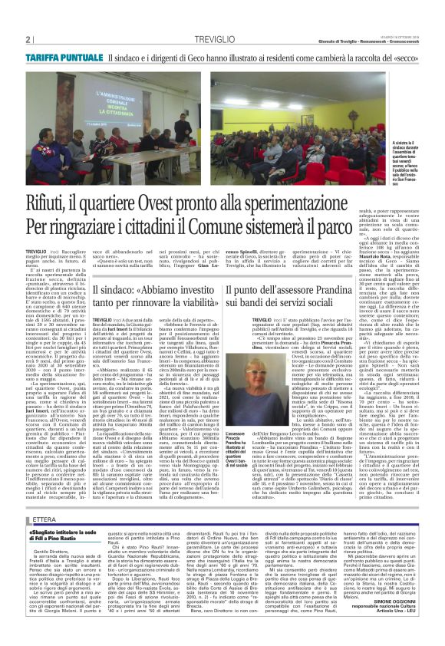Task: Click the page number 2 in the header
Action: pyautogui.click(x=28, y=38)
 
